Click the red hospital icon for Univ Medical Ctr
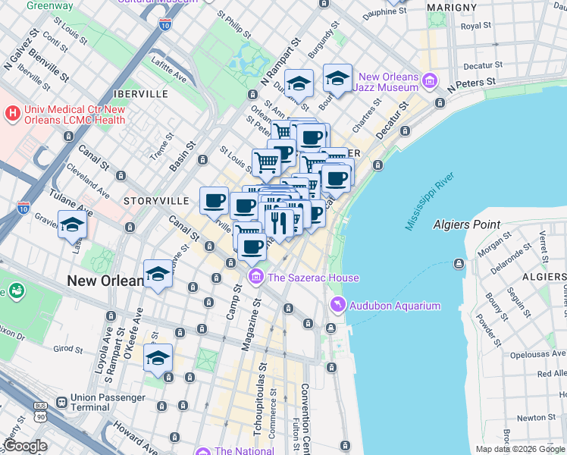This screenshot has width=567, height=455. pos(12,114)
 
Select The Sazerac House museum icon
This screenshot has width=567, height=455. pos(255,278)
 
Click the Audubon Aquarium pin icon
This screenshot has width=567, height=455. pos(337,306)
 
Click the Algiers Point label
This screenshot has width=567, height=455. pos(466,224)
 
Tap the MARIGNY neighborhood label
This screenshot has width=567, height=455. pos(450,7)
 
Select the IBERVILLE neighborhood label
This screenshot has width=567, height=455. pos(139,93)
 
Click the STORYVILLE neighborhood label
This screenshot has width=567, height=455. pos(155,201)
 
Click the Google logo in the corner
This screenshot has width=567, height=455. pos(25,446)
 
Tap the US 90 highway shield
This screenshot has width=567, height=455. pos(39,416)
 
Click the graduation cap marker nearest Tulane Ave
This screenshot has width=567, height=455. pos(73,224)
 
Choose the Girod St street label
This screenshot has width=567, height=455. pos(68,349)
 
